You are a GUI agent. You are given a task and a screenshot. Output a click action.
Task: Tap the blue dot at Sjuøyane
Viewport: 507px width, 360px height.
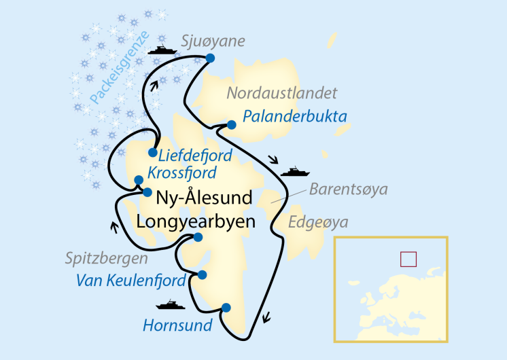pos(210,58)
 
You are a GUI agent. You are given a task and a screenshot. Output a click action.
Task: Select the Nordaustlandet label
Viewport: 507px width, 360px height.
pos(282,93)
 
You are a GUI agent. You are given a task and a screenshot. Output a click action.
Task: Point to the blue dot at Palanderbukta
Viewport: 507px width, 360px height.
pos(231,124)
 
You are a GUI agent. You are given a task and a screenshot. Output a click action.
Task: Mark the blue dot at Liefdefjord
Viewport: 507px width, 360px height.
pos(152,152)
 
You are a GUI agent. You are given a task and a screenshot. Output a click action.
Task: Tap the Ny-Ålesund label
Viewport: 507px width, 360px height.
pos(205,198)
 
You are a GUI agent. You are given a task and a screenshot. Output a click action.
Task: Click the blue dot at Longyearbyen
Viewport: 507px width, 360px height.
pos(198,237)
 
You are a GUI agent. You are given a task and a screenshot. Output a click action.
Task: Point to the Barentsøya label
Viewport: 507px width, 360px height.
pos(349,189)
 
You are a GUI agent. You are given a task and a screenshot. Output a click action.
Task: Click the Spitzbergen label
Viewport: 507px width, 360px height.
pos(107,258)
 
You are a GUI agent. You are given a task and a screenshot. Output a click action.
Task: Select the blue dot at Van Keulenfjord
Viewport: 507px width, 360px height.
pos(202,274)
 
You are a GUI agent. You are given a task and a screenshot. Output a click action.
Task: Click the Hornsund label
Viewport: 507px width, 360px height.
pos(177,325)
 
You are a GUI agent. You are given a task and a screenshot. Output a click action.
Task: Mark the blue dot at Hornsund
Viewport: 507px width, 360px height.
pos(226,307)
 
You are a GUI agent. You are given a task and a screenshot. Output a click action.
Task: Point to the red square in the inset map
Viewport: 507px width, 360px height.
pos(408,259)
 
